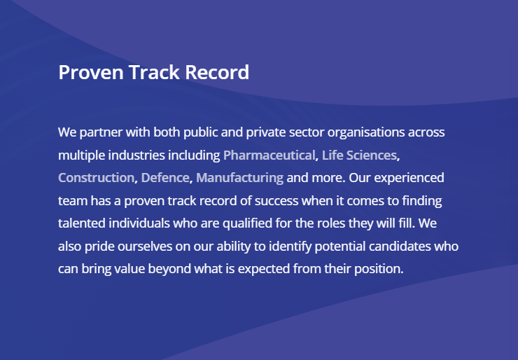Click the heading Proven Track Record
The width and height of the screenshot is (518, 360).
[153, 72]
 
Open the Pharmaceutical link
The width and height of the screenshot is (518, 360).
[269, 155]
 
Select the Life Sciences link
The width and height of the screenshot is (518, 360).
[359, 155]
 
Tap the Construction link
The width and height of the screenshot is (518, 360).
[96, 178]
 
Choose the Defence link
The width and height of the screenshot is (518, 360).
[165, 178]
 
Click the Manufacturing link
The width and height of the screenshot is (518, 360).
[240, 178]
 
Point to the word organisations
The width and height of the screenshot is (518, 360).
[366, 132]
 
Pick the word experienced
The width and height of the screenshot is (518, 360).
[409, 178]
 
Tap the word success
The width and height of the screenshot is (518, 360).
[276, 201]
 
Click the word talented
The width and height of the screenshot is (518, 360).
[82, 223]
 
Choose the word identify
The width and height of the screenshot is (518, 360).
[290, 247]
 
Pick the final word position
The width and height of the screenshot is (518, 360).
[379, 269]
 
